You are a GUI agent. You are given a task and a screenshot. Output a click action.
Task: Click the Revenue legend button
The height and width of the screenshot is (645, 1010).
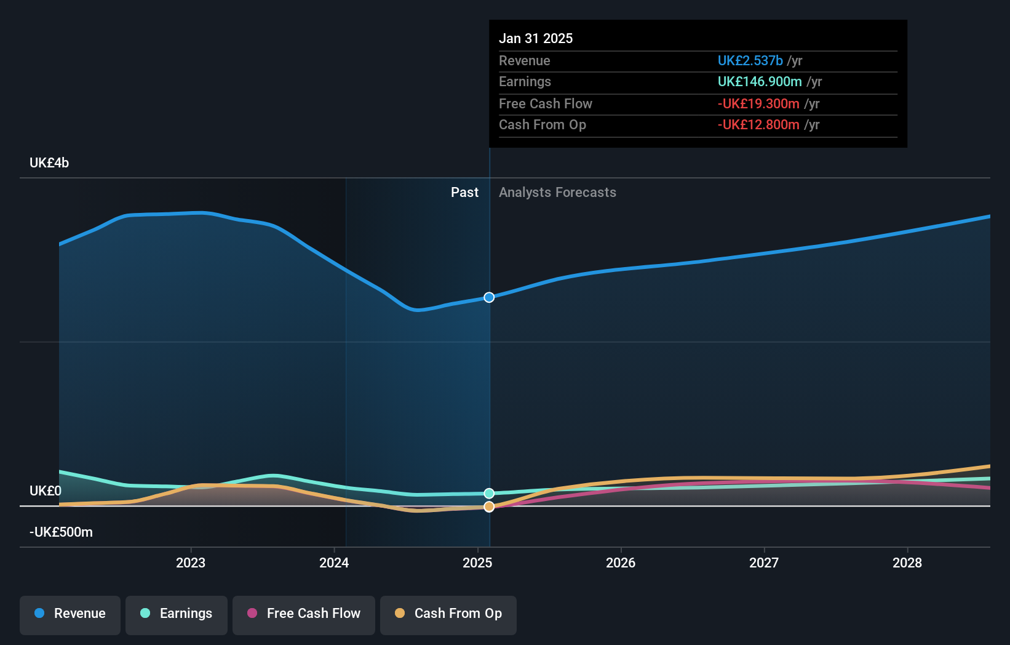(x=70, y=614)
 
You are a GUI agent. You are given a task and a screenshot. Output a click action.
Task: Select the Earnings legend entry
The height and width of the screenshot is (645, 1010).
(x=177, y=614)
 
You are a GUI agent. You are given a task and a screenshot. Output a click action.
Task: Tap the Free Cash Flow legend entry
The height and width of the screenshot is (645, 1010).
(x=304, y=614)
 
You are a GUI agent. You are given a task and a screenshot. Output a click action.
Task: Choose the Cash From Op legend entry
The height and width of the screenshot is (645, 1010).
(x=448, y=614)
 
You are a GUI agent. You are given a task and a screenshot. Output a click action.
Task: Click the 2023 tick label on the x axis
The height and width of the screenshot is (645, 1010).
(x=191, y=563)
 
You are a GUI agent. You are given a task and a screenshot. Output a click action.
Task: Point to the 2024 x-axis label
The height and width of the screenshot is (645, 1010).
(x=334, y=563)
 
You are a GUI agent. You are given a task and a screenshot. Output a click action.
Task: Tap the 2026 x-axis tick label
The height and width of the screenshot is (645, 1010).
(x=621, y=563)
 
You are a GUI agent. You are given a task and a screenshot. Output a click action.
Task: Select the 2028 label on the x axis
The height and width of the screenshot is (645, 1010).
(x=907, y=563)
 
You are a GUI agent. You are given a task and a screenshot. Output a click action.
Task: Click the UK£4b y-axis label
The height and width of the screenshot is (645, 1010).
(x=49, y=163)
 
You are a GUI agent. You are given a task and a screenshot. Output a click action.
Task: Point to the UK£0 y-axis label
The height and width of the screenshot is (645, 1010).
(x=46, y=491)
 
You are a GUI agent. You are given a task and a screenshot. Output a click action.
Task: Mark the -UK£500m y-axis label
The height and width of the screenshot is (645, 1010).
(x=61, y=532)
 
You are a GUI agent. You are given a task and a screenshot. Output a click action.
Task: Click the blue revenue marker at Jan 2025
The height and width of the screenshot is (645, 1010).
(x=489, y=297)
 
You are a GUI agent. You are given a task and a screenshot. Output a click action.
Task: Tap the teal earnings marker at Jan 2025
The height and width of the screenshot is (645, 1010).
(x=489, y=494)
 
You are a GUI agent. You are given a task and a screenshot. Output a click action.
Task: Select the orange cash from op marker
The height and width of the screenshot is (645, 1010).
(x=489, y=507)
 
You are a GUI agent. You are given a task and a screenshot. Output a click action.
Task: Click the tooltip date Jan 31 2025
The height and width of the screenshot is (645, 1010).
(x=536, y=39)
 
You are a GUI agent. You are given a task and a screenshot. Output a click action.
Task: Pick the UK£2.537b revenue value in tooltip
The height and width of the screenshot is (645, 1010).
(x=750, y=61)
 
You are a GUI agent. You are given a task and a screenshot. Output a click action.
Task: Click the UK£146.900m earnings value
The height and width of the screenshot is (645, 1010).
(x=760, y=82)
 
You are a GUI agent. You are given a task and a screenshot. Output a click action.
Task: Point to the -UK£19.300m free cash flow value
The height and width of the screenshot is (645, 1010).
(x=758, y=104)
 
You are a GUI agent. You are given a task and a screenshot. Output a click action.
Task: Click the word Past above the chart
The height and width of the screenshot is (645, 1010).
(x=464, y=193)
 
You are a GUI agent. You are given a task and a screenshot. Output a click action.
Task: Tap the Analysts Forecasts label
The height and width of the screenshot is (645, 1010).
(x=557, y=193)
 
